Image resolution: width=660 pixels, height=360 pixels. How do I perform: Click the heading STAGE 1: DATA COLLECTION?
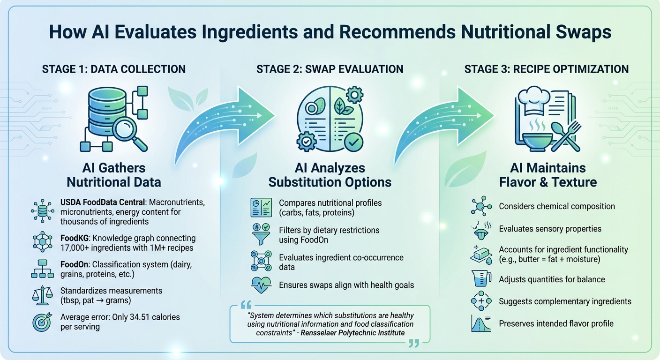tap(114, 69)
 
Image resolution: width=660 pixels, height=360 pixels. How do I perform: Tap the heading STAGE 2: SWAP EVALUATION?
tap(330, 69)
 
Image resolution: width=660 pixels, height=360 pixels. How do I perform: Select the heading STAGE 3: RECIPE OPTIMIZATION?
tap(546, 69)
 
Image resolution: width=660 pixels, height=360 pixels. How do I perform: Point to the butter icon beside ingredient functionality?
tap(480, 254)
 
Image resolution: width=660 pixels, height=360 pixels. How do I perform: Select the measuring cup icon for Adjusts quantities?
tap(480, 279)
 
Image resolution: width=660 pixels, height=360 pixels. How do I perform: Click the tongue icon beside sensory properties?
tap(480, 229)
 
